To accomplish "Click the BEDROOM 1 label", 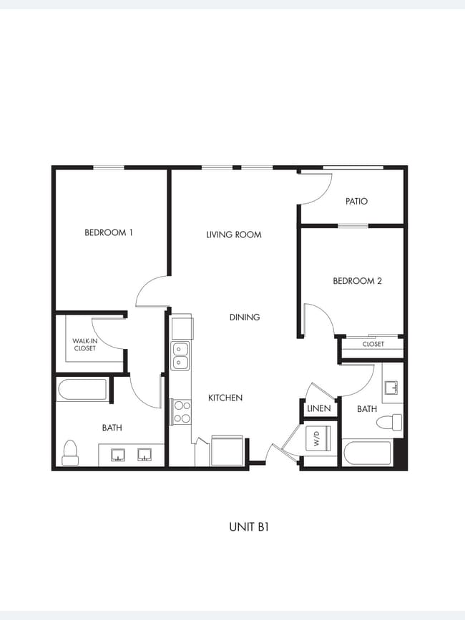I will click(109, 232).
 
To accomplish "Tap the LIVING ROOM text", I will click(233, 235).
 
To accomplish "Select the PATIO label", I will click(356, 202).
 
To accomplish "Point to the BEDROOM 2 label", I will click(357, 281).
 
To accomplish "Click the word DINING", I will click(244, 318).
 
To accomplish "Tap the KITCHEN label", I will click(225, 398).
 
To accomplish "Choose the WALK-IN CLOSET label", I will click(84, 345).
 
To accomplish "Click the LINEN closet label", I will click(318, 409).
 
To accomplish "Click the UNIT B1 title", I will click(248, 527).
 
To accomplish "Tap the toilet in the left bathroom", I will click(70, 452).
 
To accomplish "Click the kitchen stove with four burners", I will click(182, 413).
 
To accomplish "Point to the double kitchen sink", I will click(181, 356).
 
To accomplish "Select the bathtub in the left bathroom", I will click(82, 390).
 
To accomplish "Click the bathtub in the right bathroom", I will click(367, 453).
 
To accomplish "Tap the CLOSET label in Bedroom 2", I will click(373, 345).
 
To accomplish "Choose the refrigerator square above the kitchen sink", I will click(182, 328).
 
